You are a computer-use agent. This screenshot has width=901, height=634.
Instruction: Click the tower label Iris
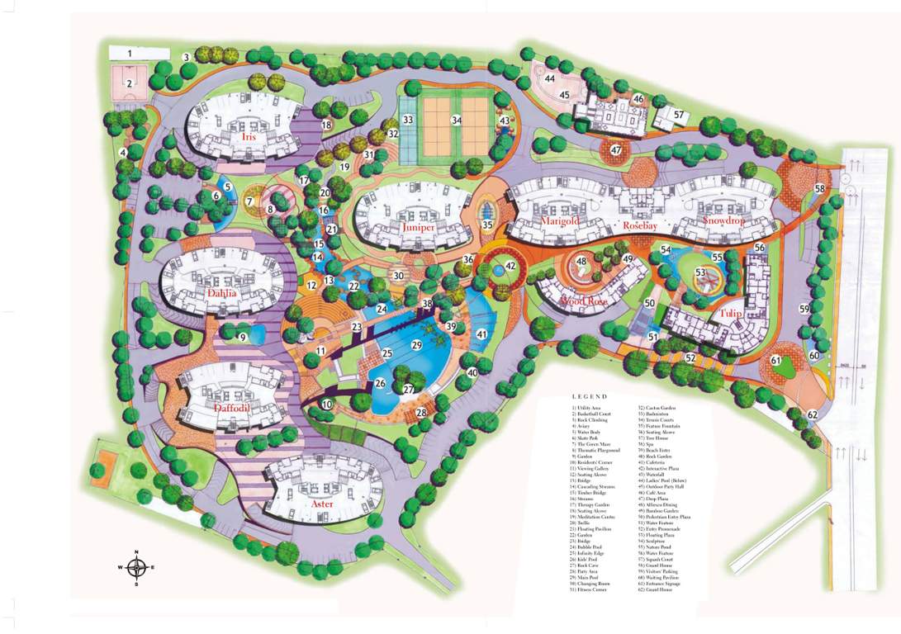pos(249,138)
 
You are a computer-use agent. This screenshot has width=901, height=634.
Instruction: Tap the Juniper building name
pos(419,227)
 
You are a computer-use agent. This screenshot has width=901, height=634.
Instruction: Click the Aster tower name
pos(321,504)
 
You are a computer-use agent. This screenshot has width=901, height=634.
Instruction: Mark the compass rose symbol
pos(137,567)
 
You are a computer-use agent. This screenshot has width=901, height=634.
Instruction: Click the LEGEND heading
pos(589,396)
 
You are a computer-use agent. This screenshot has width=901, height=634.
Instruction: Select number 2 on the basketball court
pos(130,83)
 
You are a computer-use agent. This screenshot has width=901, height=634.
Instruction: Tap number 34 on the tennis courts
pos(456,120)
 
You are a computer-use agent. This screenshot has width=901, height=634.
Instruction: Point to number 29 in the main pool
pos(417,344)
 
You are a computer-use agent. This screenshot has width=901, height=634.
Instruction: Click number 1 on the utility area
pos(130,54)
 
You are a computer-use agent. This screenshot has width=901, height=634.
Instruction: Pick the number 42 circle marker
pos(510,266)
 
